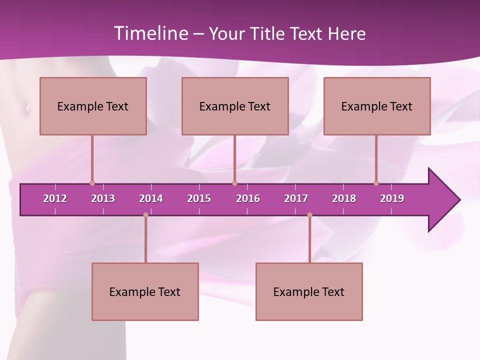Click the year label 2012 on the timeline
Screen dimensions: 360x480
(x=55, y=198)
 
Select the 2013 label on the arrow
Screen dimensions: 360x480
(x=103, y=198)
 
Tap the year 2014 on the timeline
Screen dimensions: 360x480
(x=151, y=198)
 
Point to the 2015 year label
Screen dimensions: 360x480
(x=199, y=198)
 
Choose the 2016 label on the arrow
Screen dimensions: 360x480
(x=248, y=198)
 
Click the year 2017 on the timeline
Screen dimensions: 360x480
(x=296, y=198)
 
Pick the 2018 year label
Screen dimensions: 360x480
(x=344, y=198)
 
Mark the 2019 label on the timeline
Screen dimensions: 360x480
(x=392, y=198)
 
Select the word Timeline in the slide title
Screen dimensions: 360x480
(x=151, y=33)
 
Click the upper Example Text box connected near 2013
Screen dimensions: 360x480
(x=93, y=106)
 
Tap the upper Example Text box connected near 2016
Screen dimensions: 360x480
(x=235, y=106)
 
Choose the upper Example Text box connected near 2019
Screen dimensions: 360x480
(x=377, y=106)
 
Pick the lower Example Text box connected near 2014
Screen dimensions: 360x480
(x=145, y=291)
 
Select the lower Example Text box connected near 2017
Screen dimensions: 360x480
(x=309, y=291)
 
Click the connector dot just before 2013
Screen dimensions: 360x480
(x=92, y=183)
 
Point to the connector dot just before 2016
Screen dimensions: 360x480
(x=234, y=183)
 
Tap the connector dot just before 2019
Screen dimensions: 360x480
(x=376, y=183)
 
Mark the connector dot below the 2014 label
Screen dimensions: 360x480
(x=145, y=215)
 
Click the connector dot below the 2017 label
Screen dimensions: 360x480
(x=309, y=215)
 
